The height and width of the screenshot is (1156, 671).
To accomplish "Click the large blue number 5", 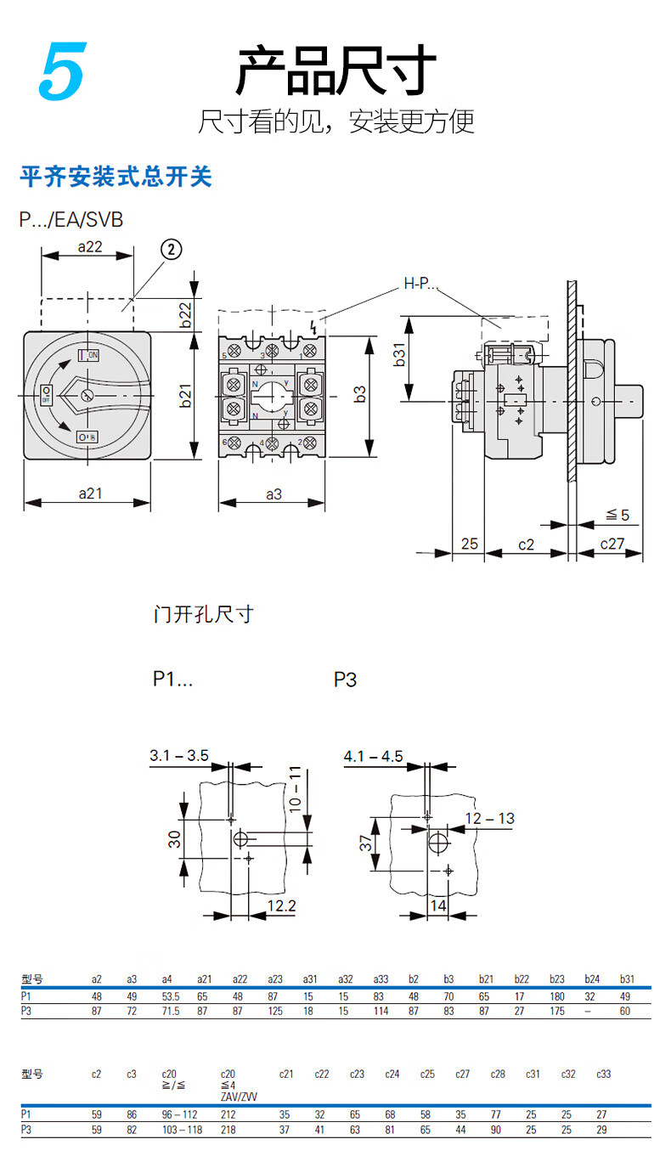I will coord(61,72).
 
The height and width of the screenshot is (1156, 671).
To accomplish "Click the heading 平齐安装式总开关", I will coord(116,178).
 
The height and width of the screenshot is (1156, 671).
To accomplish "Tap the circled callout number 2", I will coord(171,249).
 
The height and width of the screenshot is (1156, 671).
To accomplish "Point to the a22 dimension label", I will coord(90,246).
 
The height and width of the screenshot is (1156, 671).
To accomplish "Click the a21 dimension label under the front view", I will coord(90,493).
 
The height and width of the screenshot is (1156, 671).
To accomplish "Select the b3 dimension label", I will coord(360,394).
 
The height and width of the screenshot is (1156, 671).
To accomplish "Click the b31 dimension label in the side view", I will coord(400,357).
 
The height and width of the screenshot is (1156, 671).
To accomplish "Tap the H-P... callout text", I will coord(420,284).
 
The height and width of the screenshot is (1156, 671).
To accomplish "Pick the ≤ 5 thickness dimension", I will coord(617,515).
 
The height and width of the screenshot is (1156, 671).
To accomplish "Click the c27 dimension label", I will coord(612,544).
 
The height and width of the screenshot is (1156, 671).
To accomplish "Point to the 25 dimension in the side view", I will coord(470,544).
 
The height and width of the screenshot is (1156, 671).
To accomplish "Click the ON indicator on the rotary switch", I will coord(89,354).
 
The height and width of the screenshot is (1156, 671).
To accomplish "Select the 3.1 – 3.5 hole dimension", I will coord(178,755).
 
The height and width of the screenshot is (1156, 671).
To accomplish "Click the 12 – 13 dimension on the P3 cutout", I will coord(489,819).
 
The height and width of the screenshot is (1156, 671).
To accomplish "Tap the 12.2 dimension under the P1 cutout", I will coord(281,906).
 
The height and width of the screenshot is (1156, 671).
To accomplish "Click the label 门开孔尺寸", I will coord(204,613).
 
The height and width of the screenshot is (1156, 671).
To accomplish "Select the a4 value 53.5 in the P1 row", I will coord(171,996).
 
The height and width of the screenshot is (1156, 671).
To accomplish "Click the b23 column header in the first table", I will coord(557,978).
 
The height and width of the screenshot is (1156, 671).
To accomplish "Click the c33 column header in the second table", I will coord(603,1074).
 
